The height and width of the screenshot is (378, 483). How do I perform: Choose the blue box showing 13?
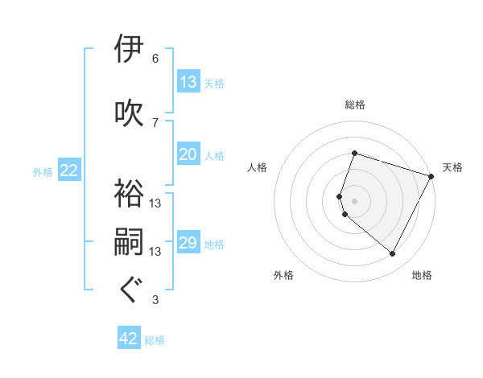coord(188,82)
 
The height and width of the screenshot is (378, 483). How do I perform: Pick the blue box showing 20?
coord(188,155)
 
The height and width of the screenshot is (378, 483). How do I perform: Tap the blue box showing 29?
coord(188,244)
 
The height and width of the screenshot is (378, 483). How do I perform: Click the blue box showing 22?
coord(69,171)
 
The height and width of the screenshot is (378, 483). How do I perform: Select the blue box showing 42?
coord(129,339)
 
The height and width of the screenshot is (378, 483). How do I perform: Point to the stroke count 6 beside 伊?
coord(155,59)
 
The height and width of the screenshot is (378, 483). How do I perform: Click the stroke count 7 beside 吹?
coord(155,122)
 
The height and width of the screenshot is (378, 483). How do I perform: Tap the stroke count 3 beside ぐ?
coord(155,300)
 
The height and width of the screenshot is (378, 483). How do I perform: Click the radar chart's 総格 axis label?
coord(355,105)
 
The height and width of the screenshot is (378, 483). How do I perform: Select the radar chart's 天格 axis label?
coord(452,167)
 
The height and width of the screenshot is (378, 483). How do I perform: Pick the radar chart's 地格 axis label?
coord(422,276)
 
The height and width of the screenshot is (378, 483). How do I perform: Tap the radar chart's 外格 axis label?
coord(283,276)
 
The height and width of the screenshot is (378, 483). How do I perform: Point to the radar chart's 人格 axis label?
coord(257,167)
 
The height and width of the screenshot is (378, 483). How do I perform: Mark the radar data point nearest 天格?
coord(431,175)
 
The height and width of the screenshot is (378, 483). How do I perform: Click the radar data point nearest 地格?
coord(393,254)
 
